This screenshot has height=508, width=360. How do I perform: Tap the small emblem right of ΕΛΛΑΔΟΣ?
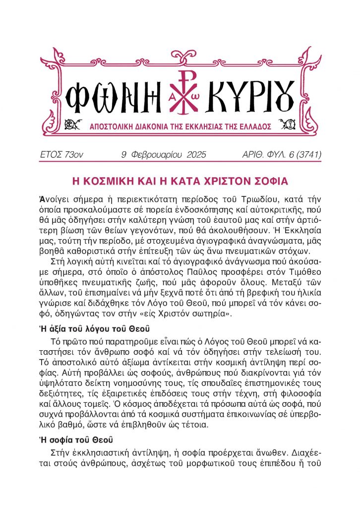click(x=287, y=124)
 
